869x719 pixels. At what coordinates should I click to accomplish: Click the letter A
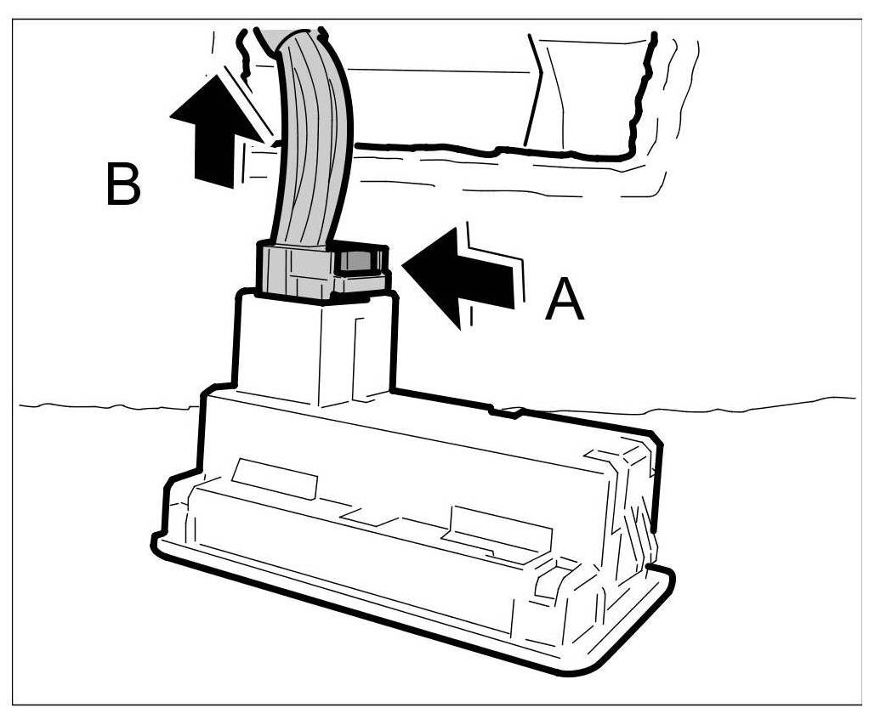(565, 302)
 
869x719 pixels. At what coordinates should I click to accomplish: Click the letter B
(123, 184)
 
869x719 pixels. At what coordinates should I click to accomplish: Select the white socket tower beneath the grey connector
(315, 348)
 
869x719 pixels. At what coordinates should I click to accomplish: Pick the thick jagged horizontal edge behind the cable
(493, 153)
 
